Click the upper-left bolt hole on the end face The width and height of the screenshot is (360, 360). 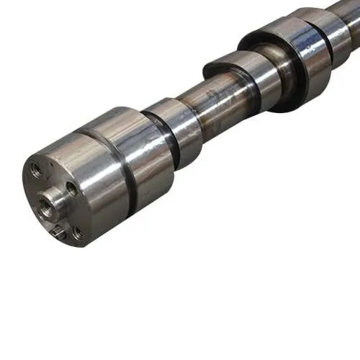click(35, 171)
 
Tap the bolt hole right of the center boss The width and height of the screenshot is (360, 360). click(71, 189)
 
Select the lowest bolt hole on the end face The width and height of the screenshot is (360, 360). click(76, 233)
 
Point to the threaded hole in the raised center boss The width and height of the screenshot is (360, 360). click(48, 205)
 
